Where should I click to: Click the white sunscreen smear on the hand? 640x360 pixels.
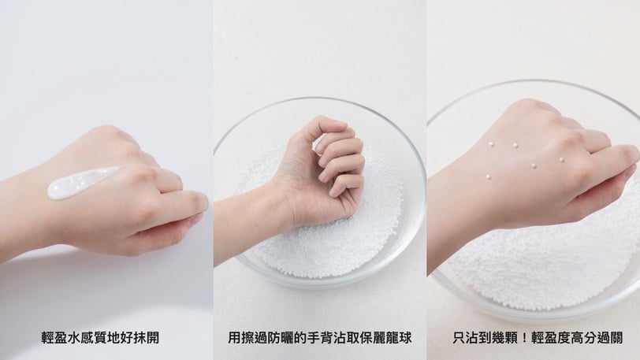(x=82, y=183)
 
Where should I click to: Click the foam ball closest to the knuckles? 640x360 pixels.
(x=561, y=160)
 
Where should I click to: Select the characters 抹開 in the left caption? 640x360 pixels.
(x=146, y=338)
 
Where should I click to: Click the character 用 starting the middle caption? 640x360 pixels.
(x=234, y=338)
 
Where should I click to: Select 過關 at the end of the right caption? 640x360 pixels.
(x=610, y=338)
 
